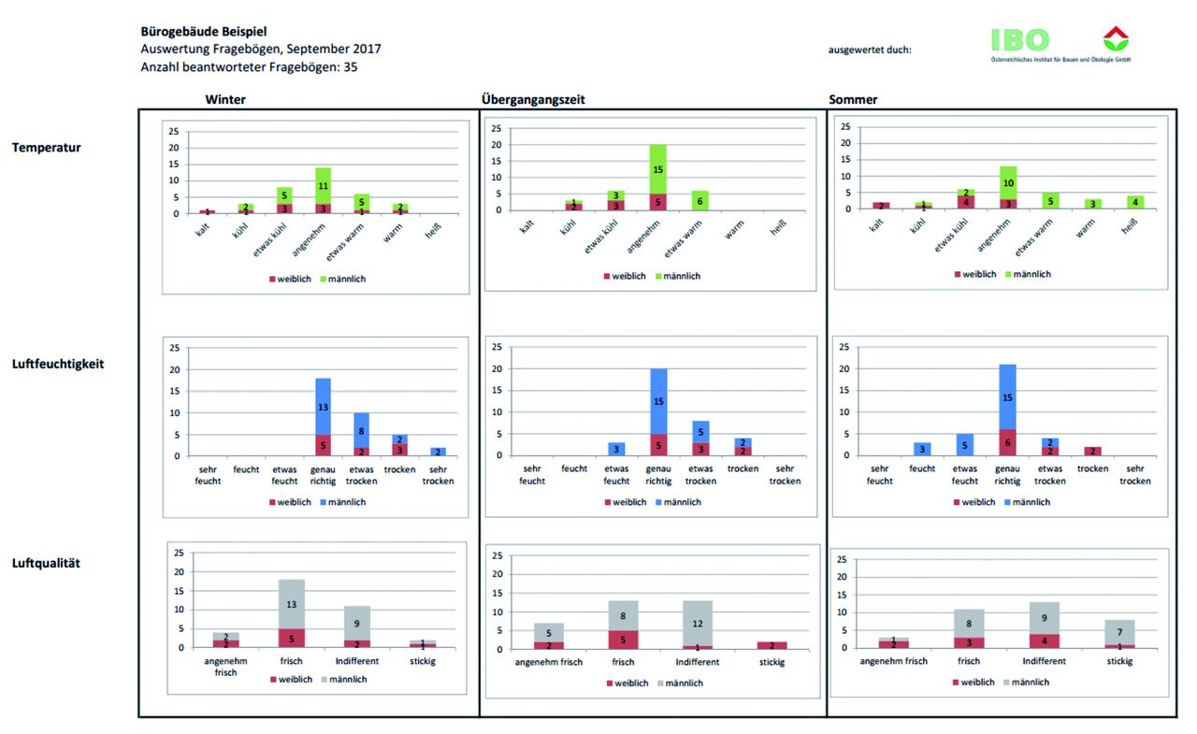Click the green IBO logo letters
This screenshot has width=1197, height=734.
tap(1021, 39)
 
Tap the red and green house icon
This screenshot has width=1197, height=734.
tap(1116, 38)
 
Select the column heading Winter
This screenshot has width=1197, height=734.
tap(225, 99)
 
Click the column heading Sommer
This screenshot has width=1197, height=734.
tap(853, 99)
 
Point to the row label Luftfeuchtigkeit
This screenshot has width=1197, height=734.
tap(58, 364)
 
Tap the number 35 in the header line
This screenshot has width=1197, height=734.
tap(350, 67)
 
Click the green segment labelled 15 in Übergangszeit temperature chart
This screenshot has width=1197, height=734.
tap(658, 169)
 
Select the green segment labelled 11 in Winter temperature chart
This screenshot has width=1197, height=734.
tap(323, 186)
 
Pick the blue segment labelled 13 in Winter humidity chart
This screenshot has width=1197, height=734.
tap(323, 407)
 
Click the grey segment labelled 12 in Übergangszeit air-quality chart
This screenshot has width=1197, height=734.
tap(698, 624)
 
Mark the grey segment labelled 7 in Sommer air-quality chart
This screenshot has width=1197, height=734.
tap(1118, 632)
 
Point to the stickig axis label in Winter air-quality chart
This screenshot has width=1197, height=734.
tap(425, 661)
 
